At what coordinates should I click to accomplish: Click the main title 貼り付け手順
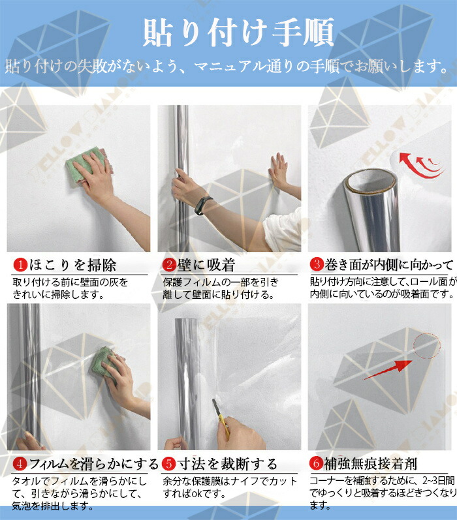point(238,33)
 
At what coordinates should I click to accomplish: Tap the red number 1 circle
point(21,265)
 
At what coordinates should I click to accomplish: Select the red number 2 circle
point(170,265)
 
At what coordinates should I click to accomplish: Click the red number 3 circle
point(317,264)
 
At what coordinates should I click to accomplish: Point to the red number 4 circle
point(20,464)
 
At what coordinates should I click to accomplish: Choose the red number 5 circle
point(168,464)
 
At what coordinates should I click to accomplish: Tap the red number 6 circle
point(316,463)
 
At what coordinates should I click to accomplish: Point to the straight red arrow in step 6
point(388,370)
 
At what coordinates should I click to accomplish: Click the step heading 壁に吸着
point(206,265)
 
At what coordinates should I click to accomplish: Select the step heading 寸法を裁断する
point(227,464)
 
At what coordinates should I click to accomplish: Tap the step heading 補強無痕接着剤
point(370,464)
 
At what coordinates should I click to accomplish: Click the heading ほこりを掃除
point(72,266)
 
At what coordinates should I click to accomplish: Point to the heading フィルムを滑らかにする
point(94,464)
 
